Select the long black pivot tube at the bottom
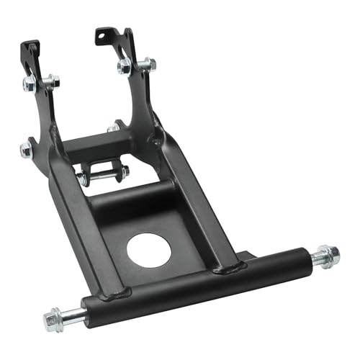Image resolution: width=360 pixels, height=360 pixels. [x=194, y=284]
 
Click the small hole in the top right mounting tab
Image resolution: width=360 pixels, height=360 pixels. [x=100, y=34]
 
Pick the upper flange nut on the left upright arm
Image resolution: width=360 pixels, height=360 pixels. [x=30, y=84]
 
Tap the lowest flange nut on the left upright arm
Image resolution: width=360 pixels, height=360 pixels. [x=26, y=149]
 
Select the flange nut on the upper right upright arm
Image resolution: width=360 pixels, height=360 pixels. [x=124, y=66]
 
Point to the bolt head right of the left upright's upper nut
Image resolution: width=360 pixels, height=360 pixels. [x=52, y=81]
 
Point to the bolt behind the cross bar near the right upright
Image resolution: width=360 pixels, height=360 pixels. [x=114, y=127]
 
